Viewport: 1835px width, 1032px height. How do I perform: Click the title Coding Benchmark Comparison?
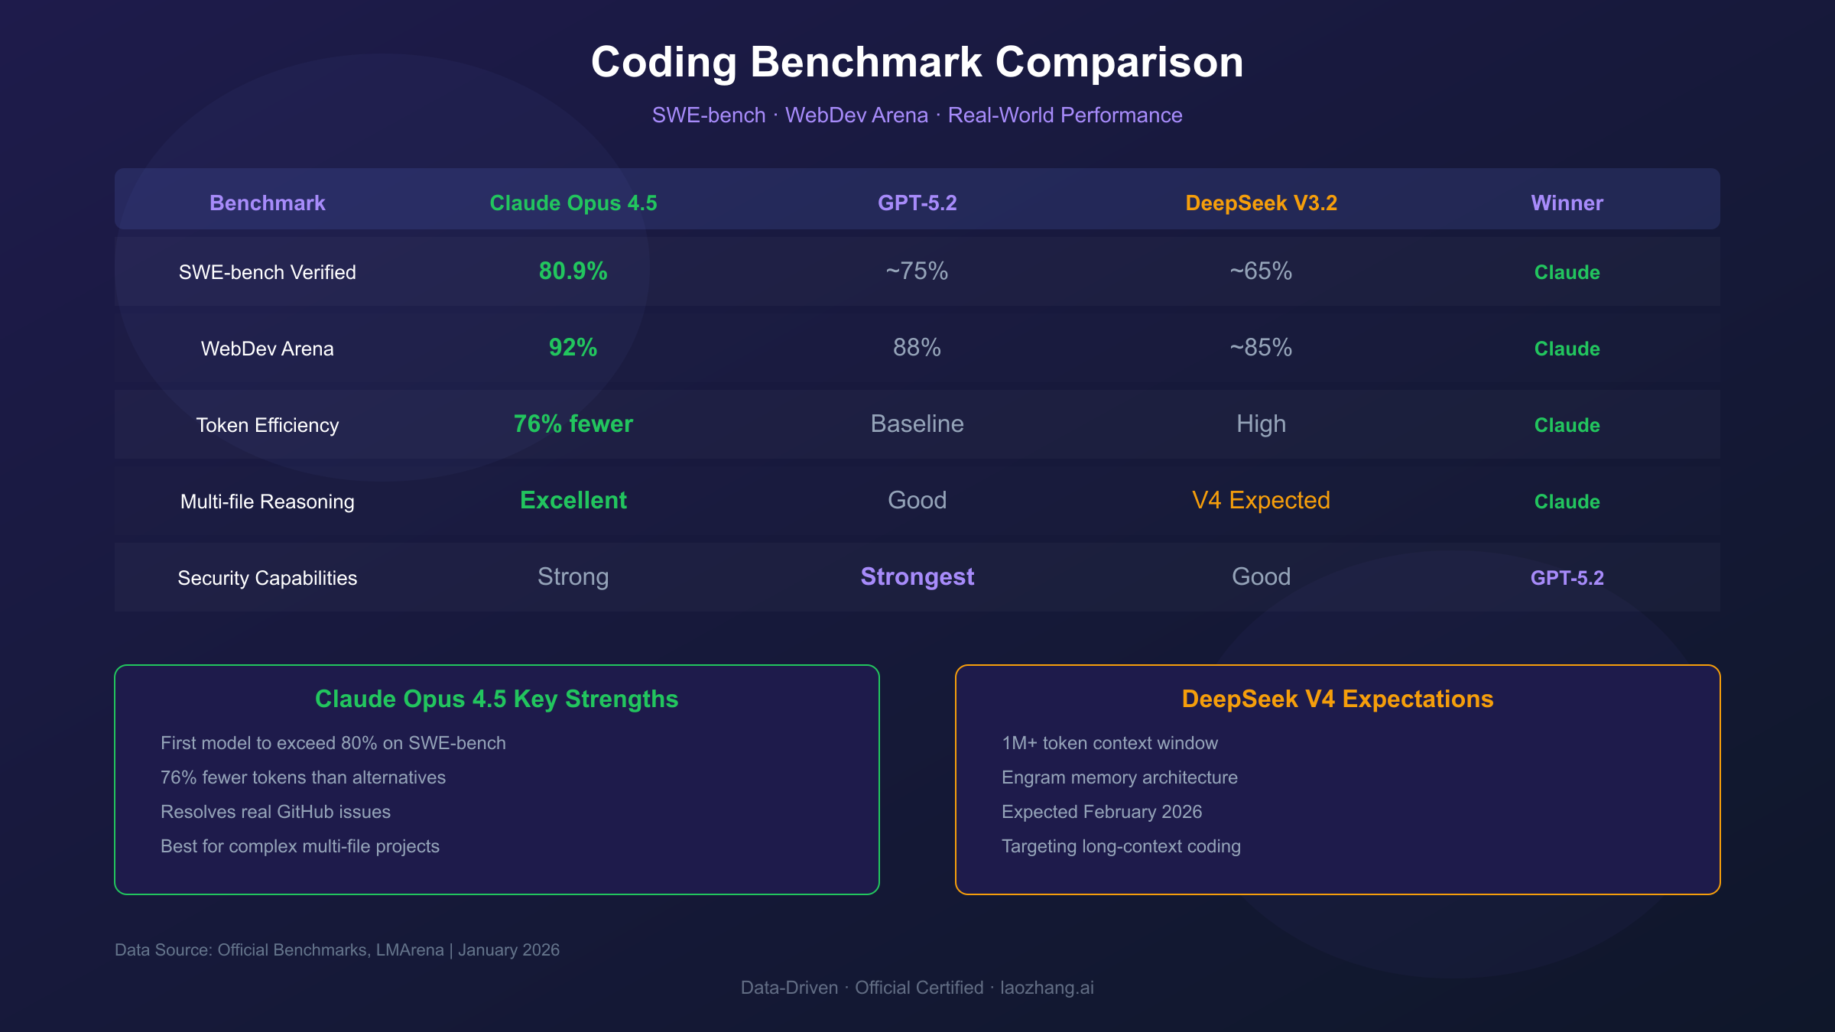coord(917,62)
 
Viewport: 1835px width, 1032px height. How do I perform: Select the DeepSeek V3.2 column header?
coord(1261,203)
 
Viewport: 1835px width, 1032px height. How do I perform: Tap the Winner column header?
coord(1567,203)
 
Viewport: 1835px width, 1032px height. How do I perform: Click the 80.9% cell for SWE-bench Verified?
coord(573,271)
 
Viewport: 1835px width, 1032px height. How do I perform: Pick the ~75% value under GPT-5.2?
coord(917,271)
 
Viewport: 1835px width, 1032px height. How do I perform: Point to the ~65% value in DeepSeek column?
coord(1261,271)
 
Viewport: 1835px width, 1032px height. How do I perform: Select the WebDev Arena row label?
coord(267,349)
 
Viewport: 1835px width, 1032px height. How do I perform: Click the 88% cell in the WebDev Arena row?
coord(917,348)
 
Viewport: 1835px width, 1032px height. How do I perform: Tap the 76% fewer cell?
coord(573,424)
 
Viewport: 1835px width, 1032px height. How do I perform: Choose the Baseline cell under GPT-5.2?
coord(917,424)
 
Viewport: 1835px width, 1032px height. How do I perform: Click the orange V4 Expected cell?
coord(1261,501)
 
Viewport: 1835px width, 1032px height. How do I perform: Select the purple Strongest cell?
coord(917,577)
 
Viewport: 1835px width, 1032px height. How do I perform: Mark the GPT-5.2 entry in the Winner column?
coord(1567,578)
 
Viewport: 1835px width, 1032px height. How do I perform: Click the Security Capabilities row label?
coord(267,578)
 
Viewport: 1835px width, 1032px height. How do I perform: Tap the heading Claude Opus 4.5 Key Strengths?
coord(496,699)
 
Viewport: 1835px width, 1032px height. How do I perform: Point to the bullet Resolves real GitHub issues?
coord(275,812)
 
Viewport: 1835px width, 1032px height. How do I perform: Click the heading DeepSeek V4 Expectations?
coord(1337,699)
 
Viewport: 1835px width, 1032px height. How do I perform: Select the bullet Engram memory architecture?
coord(1119,777)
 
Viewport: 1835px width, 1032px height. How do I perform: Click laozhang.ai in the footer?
coord(1047,988)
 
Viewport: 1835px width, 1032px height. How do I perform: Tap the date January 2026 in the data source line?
coord(508,950)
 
